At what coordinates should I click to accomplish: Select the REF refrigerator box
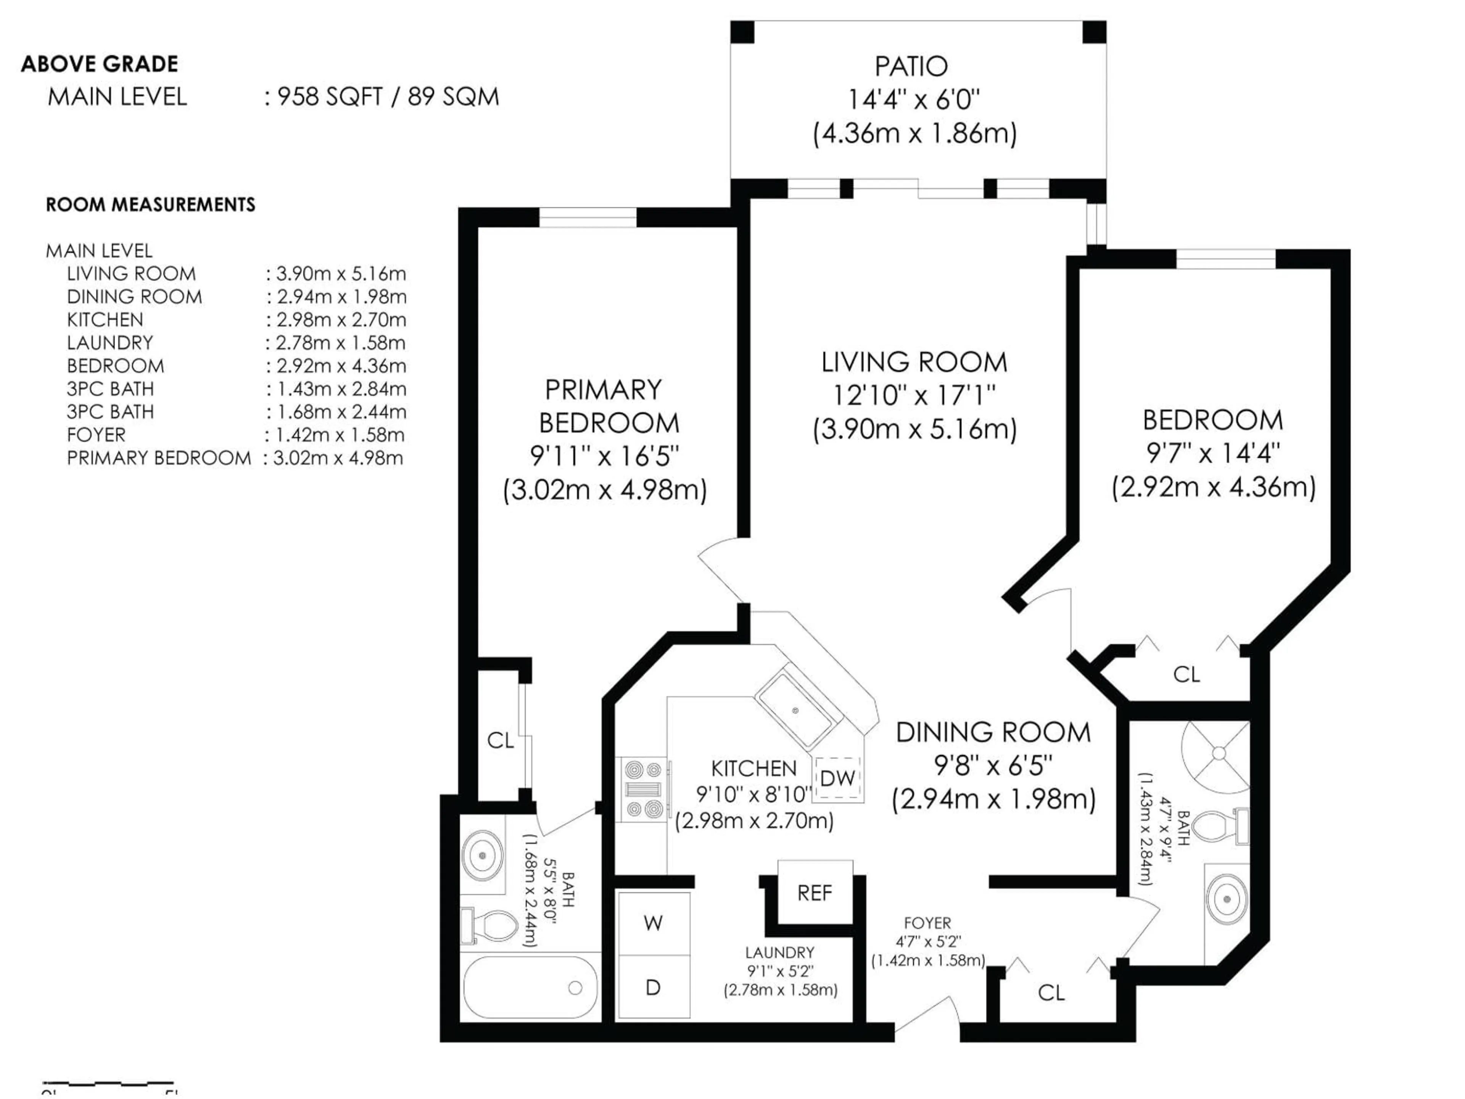coord(814,893)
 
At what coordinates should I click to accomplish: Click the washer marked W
coord(653,923)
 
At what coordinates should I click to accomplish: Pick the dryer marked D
coord(653,988)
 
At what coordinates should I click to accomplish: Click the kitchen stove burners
coord(643,789)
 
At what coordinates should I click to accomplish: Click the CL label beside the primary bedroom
coord(500,740)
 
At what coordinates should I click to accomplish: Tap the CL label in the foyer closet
coord(1051,993)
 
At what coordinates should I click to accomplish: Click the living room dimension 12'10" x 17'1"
coord(914,395)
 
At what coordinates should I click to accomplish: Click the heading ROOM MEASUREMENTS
coord(150,205)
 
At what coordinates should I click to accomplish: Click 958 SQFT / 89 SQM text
coord(388,97)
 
